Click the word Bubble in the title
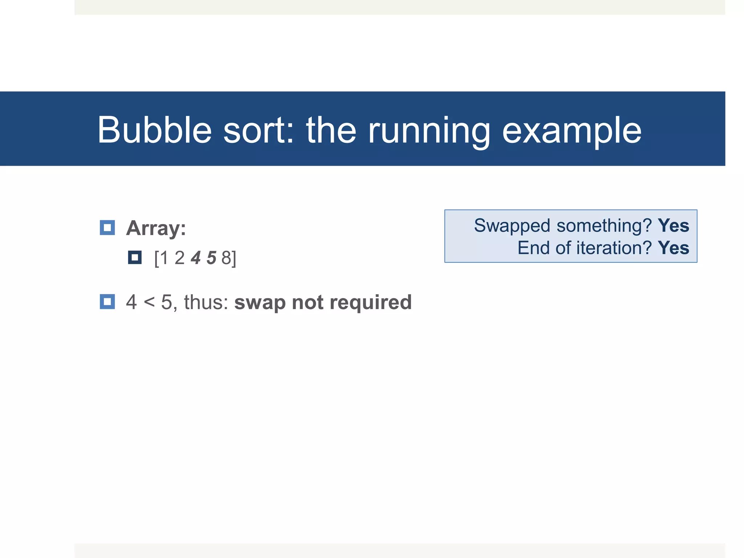pos(154,130)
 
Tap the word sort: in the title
pos(258,130)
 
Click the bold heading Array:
pos(156,228)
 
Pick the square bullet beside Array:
pos(107,228)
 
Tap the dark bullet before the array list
pos(135,258)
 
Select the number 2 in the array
pos(180,258)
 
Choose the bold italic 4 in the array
pos(196,258)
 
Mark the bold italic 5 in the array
pos(211,258)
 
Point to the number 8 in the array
pos(226,258)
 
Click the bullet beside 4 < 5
pos(107,302)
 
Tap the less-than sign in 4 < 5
pos(149,302)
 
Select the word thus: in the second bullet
pos(206,302)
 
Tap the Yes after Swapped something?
pos(673,226)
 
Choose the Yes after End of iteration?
pos(673,248)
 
